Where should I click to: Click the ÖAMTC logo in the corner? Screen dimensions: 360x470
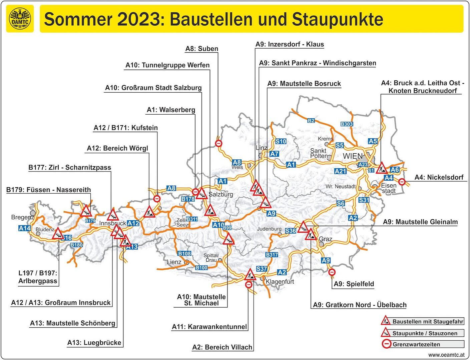20,19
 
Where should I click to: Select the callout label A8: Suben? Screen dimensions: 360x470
202,49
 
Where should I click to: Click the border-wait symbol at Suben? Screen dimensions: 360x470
218,144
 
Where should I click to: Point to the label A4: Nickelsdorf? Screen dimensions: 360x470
439,177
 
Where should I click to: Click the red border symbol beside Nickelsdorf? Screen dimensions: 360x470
402,182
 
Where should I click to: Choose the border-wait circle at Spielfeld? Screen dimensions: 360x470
332,272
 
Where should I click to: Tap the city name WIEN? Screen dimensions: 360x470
353,156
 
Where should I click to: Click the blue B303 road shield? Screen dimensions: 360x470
347,124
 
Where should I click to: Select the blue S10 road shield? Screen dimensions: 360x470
281,141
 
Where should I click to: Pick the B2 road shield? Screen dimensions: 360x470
311,121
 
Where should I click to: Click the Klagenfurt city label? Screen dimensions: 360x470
280,282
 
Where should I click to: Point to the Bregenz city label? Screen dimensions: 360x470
22,217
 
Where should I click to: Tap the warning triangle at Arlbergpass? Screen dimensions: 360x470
58,234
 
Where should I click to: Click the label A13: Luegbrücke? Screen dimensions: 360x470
94,343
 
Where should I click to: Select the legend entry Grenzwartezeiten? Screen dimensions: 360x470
416,344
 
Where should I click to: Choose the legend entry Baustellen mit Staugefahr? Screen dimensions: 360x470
428,322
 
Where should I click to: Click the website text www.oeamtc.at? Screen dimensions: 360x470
446,355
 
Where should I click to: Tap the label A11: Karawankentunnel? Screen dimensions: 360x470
209,327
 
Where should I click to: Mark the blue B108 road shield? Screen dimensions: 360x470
184,254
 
